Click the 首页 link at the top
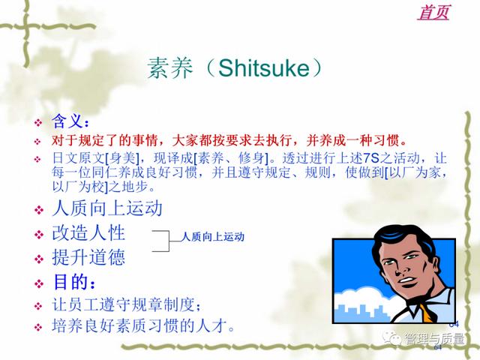tap(433, 13)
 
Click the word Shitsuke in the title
tap(264, 67)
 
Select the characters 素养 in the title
tap(170, 68)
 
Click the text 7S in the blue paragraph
tap(371, 158)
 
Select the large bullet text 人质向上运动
tap(107, 208)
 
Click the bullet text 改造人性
tap(88, 233)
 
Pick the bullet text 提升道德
tap(88, 256)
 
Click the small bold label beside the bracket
tap(213, 237)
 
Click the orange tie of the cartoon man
tap(427, 313)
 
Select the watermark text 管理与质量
tap(434, 339)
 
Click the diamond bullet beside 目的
tap(39, 283)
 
